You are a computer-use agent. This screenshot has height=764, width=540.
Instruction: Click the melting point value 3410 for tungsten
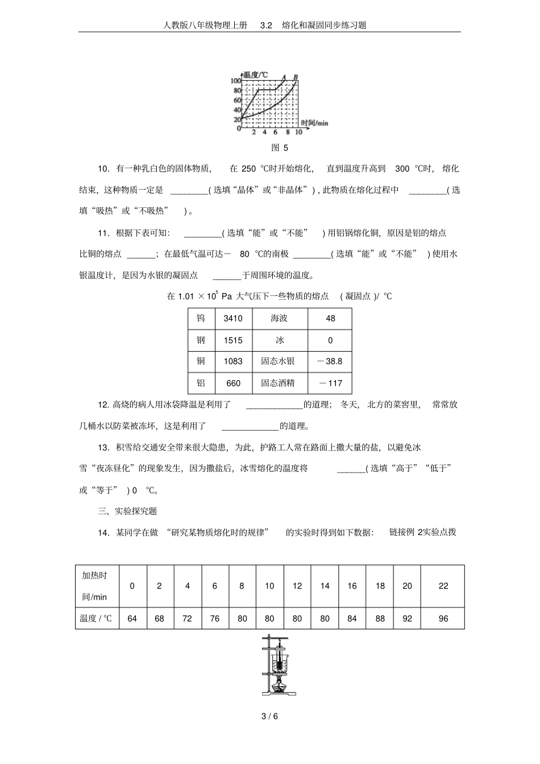coord(233,319)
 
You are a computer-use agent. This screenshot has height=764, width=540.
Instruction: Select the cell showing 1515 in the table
coord(233,340)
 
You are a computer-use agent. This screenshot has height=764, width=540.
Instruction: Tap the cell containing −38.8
coord(330,361)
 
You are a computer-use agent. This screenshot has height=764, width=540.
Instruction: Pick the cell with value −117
coord(330,383)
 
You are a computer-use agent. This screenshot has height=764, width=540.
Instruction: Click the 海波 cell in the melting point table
coord(279,319)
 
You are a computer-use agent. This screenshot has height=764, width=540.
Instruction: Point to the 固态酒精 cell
coord(278,383)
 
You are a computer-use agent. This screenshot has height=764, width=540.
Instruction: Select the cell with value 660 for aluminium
coord(233,383)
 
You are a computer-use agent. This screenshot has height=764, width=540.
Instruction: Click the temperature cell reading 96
coord(443,619)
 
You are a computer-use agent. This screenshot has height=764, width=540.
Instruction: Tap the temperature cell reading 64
coord(132,619)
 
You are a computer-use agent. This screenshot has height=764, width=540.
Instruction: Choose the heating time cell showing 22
coord(443,586)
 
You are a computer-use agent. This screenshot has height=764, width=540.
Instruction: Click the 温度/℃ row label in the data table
coord(97,619)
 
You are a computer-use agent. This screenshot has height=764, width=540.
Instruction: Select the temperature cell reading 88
coord(380,619)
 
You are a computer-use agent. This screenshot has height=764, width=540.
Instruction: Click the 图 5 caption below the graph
coord(280,148)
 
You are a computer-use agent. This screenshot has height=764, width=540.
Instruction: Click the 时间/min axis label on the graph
coord(314,123)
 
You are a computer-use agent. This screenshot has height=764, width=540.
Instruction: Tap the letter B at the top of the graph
coord(296,77)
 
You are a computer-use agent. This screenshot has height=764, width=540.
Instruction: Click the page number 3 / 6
coord(269,716)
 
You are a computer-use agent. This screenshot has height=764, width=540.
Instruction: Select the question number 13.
coord(103,448)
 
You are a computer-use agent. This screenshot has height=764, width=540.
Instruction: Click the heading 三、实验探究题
coord(127,511)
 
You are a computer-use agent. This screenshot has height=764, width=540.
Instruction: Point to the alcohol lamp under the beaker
coord(279,684)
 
